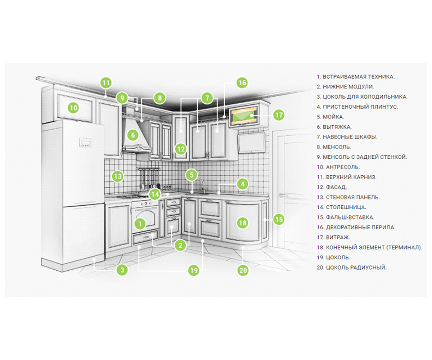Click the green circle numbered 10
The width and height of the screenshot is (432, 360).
(x=73, y=108)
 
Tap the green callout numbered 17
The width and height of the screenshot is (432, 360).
(x=278, y=115)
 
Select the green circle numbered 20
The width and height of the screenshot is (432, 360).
(x=243, y=270)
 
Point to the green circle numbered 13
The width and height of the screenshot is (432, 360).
(x=118, y=177)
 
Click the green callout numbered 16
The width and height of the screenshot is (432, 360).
(x=242, y=83)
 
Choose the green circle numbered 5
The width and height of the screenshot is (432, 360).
(x=192, y=175)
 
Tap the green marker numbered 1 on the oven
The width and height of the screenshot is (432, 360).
(x=140, y=224)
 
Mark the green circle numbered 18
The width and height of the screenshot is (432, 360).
(x=243, y=223)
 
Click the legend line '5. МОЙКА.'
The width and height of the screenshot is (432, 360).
(x=330, y=117)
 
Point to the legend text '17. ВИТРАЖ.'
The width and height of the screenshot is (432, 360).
(x=333, y=238)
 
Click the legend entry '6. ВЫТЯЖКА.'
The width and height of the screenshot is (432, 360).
(x=334, y=127)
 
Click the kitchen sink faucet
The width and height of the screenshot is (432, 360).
(x=203, y=185)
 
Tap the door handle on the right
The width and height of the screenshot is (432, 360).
(x=283, y=195)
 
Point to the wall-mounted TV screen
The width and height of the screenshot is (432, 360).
(x=252, y=143)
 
